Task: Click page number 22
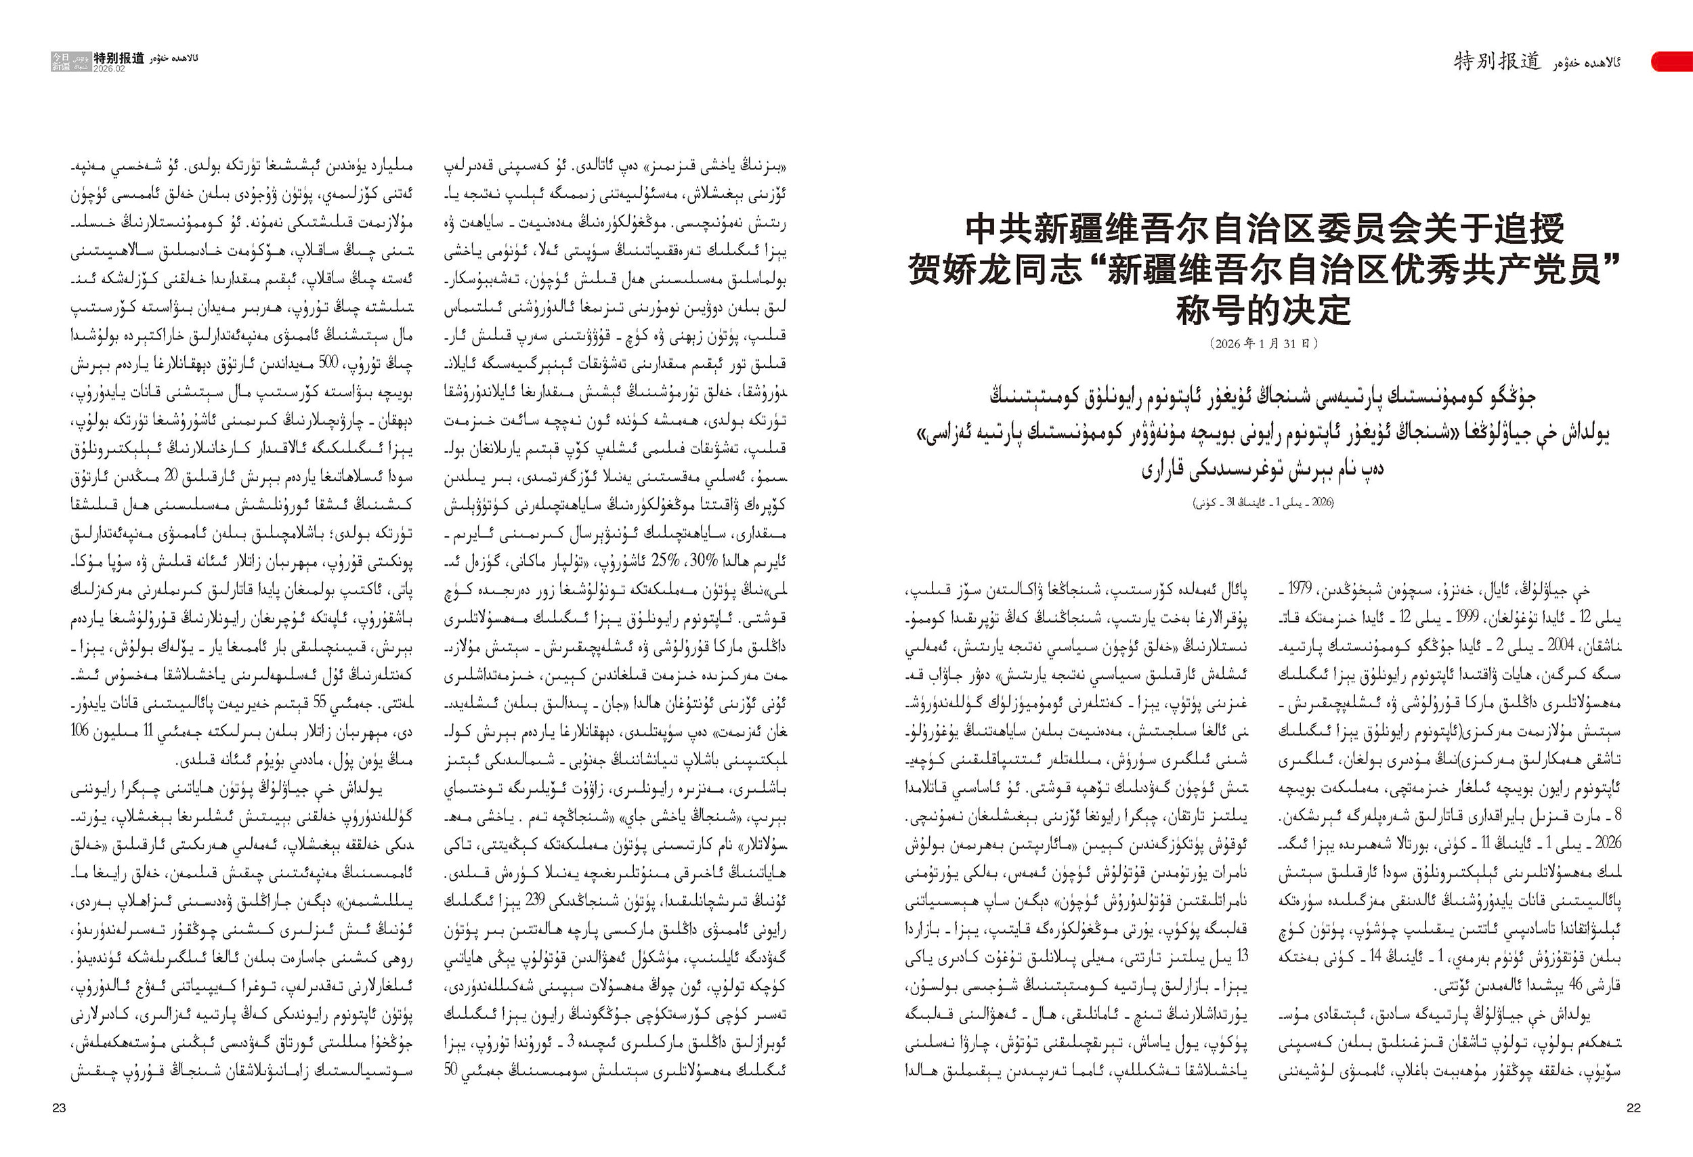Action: point(1633,1108)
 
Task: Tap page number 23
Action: point(59,1108)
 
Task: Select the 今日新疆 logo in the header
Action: point(61,61)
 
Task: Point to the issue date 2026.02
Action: point(109,68)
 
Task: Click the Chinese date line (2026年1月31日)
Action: point(1263,343)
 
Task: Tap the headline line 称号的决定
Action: point(1263,310)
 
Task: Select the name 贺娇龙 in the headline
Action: point(958,270)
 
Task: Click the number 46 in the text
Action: point(1575,986)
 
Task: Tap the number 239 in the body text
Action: point(556,901)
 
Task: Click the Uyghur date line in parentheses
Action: point(1263,503)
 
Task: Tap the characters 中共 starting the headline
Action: point(996,230)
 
